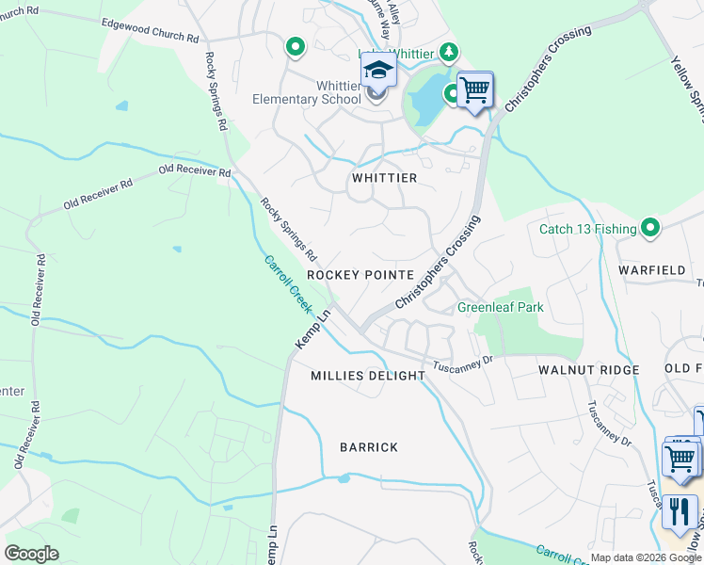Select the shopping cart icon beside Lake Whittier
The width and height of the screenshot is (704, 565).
pos(475,91)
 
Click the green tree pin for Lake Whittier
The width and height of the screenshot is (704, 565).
pos(451,51)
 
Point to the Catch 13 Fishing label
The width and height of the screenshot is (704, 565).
pos(587,228)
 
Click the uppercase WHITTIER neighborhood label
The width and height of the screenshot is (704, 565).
pos(384,177)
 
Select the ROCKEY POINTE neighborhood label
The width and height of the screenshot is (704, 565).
pos(360,274)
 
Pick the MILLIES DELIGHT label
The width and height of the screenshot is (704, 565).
pos(368,376)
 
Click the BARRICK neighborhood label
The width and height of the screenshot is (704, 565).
pos(369,447)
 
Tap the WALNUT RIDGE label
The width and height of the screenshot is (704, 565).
pos(589,370)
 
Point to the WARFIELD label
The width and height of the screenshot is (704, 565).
pos(652,270)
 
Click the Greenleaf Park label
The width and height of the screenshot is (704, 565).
pos(501,307)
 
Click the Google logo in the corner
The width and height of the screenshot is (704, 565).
pos(31,553)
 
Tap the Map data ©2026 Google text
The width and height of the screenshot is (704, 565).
pos(645,557)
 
